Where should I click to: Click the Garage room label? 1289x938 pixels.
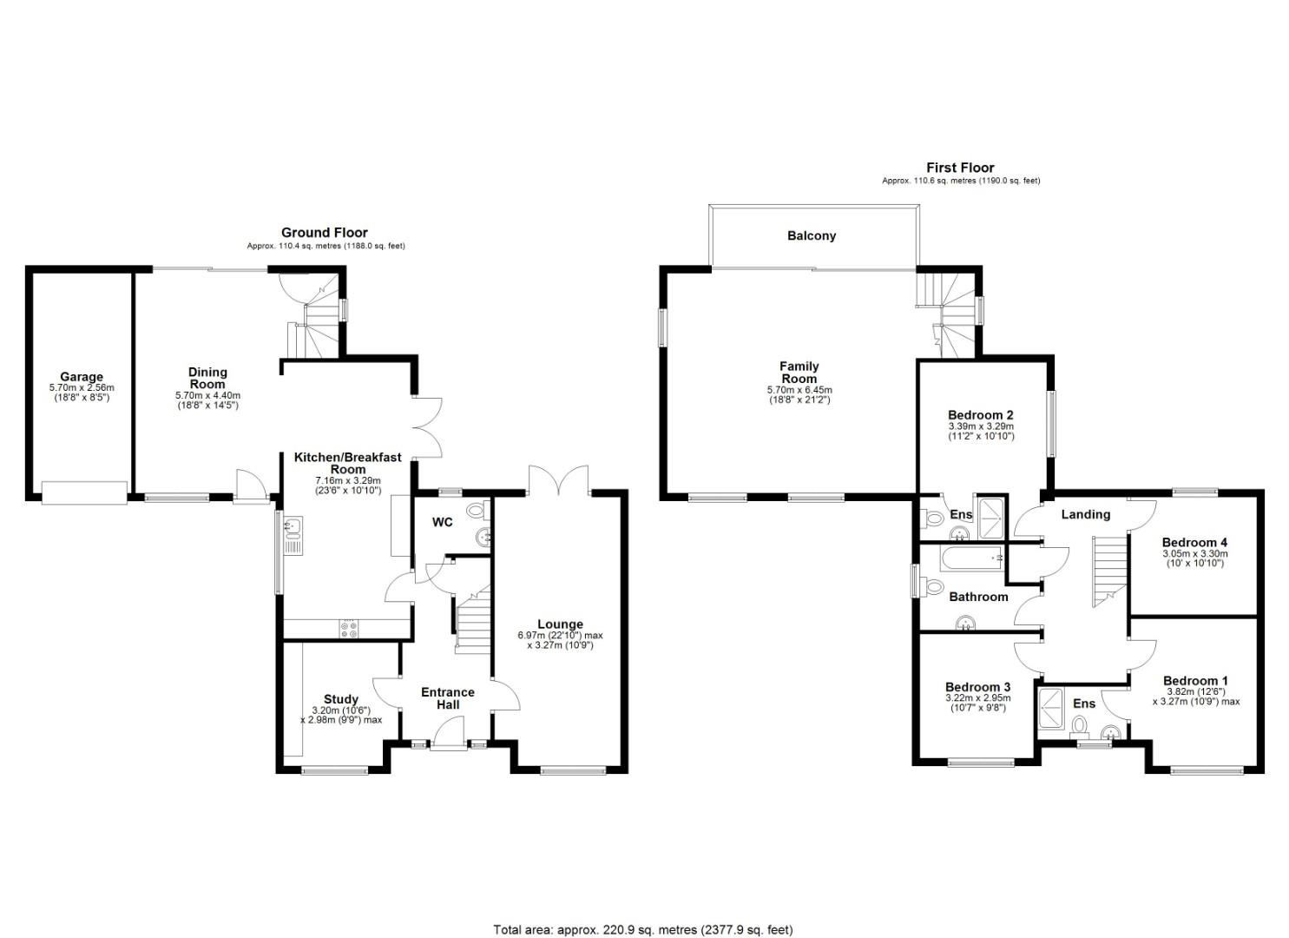82,378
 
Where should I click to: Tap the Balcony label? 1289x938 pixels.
812,235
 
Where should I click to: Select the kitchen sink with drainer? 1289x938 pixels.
293,536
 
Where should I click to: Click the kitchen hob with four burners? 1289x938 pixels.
349,629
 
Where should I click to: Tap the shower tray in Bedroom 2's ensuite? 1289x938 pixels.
990,518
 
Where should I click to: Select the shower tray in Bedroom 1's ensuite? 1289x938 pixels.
1053,710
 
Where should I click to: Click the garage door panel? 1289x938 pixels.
84,493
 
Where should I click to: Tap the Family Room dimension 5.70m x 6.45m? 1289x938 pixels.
799,390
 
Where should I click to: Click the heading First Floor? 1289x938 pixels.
960,168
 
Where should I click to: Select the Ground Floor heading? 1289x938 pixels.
325,233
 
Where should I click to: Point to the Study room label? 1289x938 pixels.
340,699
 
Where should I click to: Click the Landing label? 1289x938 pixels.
1086,514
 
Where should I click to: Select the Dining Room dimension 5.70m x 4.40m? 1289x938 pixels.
207,395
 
